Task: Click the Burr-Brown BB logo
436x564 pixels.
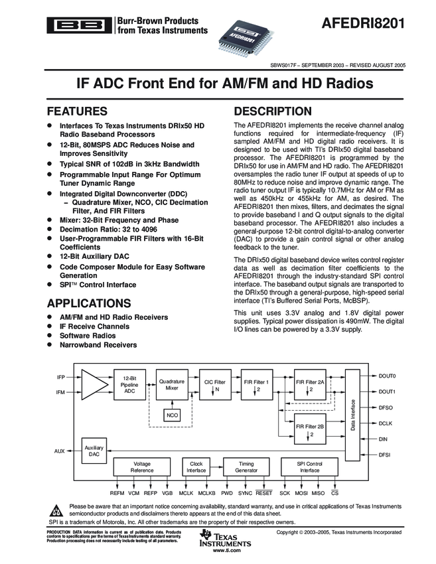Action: click(x=79, y=25)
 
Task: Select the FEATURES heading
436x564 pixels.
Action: click(x=76, y=111)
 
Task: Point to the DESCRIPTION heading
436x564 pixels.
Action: click(x=273, y=111)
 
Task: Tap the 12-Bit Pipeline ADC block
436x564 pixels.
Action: click(x=129, y=386)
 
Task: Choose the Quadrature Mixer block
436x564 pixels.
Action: click(x=172, y=385)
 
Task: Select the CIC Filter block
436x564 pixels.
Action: click(x=214, y=385)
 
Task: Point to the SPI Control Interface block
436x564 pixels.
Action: click(x=309, y=467)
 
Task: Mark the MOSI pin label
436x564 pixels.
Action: click(x=302, y=494)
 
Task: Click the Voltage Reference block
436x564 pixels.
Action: click(x=142, y=467)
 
